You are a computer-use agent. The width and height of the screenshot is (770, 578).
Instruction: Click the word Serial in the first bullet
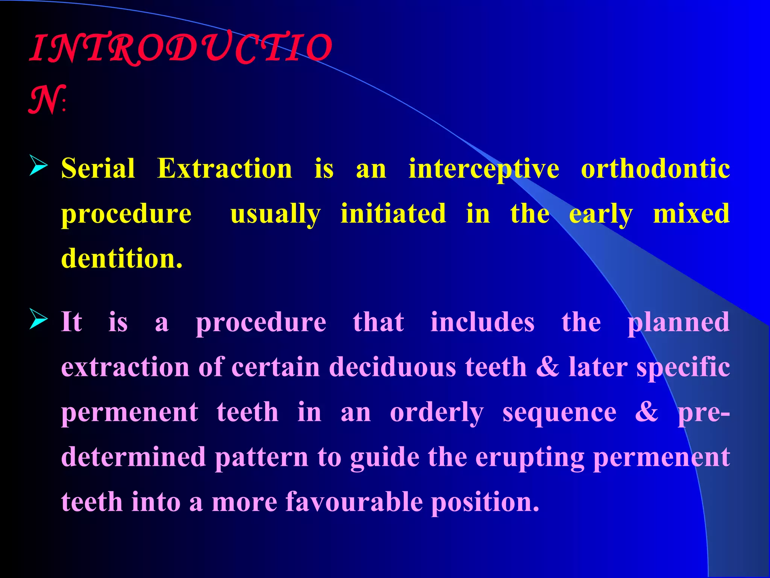click(98, 168)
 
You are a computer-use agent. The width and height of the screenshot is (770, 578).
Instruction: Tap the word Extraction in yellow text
click(224, 168)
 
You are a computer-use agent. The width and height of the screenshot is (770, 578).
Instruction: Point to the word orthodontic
click(655, 168)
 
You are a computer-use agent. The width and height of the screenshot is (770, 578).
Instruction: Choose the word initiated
click(393, 213)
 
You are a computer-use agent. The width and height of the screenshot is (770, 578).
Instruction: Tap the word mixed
click(691, 213)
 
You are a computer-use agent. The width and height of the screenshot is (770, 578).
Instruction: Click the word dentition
click(121, 259)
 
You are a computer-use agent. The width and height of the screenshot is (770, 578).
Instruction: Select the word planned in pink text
click(678, 323)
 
